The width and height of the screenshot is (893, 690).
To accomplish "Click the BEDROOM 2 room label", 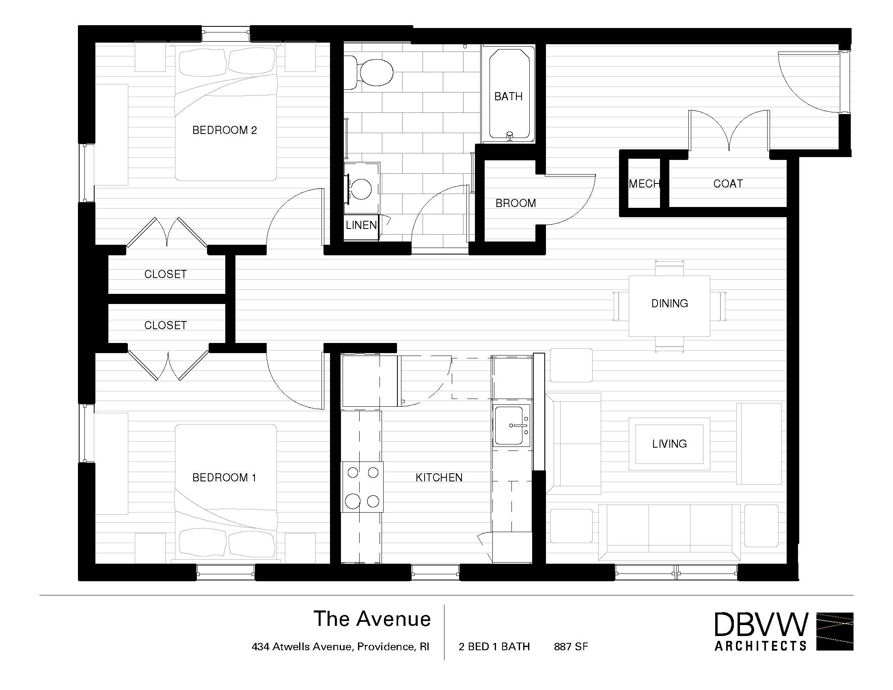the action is pyautogui.click(x=224, y=130).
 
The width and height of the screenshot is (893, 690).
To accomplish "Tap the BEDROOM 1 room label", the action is pyautogui.click(x=224, y=477).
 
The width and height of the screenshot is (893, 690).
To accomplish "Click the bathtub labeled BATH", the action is pyautogui.click(x=509, y=94).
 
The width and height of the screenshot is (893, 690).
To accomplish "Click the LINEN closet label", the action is pyautogui.click(x=361, y=225).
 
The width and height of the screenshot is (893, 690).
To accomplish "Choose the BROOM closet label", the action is pyautogui.click(x=516, y=203).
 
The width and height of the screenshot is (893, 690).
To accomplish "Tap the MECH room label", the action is pyautogui.click(x=645, y=183).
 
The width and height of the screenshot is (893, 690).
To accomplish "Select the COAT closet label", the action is pyautogui.click(x=728, y=183).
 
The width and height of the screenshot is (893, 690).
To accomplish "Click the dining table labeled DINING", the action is pyautogui.click(x=669, y=306).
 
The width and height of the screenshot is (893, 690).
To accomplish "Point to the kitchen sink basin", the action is pyautogui.click(x=509, y=425).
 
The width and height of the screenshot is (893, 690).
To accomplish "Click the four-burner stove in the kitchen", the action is pyautogui.click(x=362, y=487).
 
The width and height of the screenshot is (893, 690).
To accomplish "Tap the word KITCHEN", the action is pyautogui.click(x=439, y=477).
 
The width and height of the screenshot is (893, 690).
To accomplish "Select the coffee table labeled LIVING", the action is pyautogui.click(x=669, y=444).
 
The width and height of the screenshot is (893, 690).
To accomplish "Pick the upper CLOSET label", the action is pyautogui.click(x=166, y=274).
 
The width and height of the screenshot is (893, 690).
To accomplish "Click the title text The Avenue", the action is pyautogui.click(x=372, y=619).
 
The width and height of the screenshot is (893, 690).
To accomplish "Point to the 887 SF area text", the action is pyautogui.click(x=571, y=647).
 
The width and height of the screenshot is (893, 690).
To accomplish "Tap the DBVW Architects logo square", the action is pyautogui.click(x=835, y=632).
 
